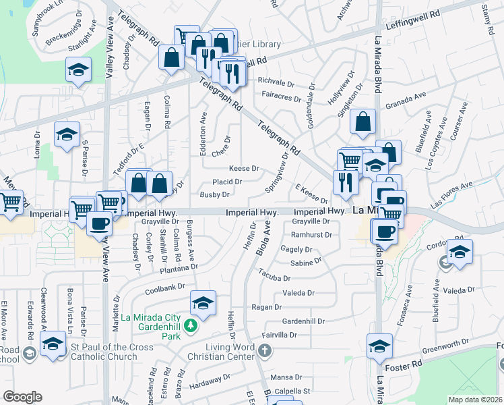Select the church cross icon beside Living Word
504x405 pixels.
click(x=265, y=350)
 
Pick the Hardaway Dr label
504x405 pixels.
click(x=206, y=385)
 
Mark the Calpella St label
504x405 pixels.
click(x=290, y=391)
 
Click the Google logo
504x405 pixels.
click(x=22, y=396)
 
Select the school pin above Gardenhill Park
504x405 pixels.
click(x=203, y=304)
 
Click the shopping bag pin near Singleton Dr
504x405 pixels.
click(x=363, y=123)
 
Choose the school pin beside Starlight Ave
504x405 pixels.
click(x=79, y=70)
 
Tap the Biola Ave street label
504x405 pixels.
click(x=263, y=241)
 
